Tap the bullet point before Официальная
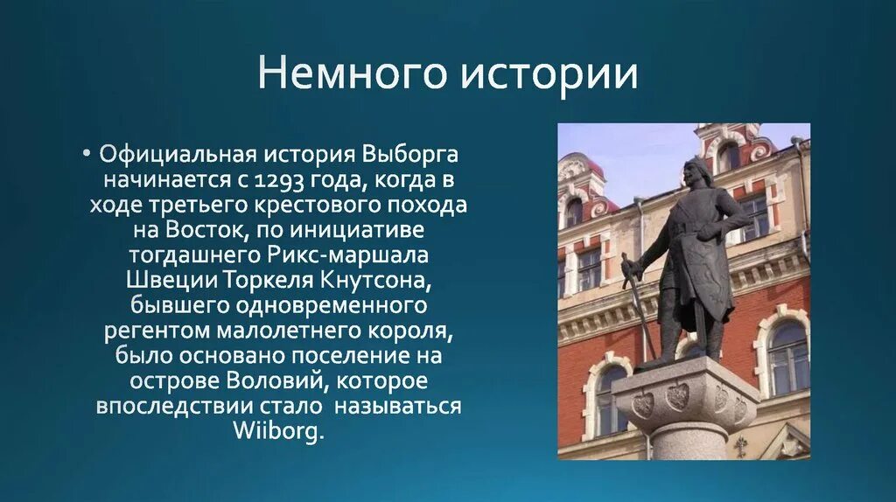(x=89, y=154)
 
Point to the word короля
(x=409, y=331)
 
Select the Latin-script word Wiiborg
(x=278, y=432)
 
